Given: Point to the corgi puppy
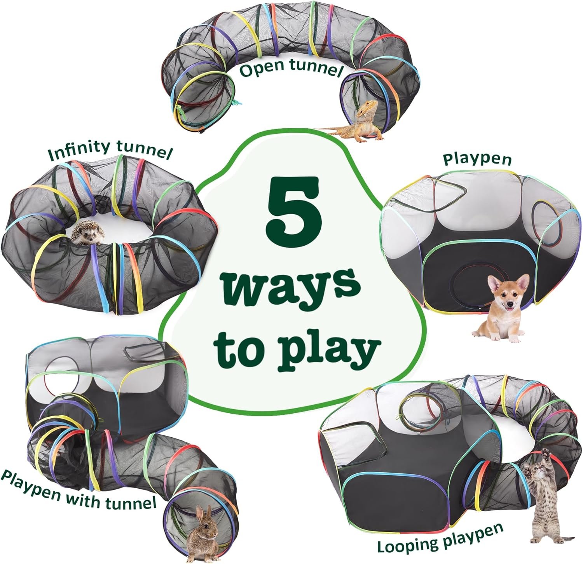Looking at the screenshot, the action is tap(501, 307).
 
